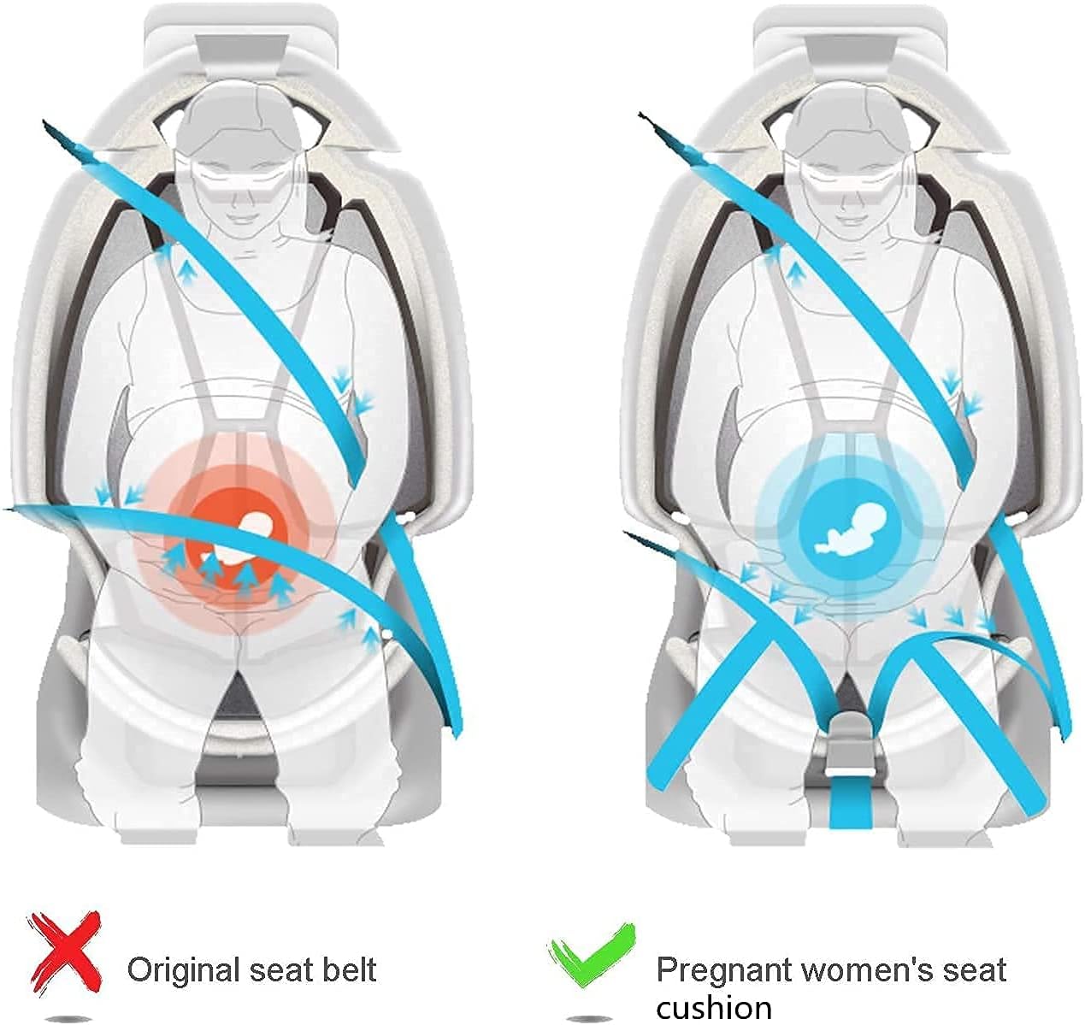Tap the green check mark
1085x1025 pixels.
pos(593,953)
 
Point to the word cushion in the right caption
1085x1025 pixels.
pos(714,1006)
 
